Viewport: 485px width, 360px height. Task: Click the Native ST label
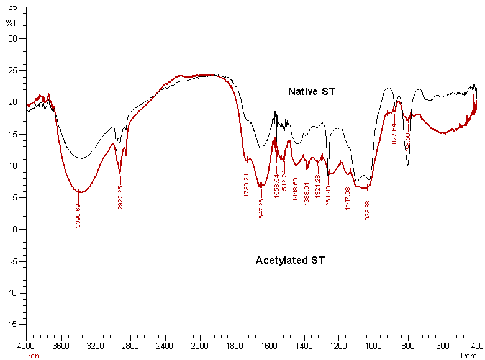(x=311, y=92)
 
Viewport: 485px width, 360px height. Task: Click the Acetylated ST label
(x=290, y=261)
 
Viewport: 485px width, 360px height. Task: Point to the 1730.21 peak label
(x=247, y=185)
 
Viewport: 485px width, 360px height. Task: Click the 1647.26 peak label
(x=261, y=209)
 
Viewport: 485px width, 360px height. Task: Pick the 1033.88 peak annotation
(x=368, y=211)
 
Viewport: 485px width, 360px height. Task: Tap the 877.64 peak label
(x=394, y=133)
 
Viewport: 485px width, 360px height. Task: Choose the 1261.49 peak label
(x=328, y=196)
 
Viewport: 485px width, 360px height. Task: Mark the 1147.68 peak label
(x=348, y=197)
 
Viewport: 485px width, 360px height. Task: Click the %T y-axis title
(x=11, y=23)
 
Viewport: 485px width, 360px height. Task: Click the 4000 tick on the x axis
(x=26, y=345)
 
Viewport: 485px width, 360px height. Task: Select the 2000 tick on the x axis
(x=199, y=345)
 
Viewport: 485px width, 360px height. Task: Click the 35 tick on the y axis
(x=14, y=7)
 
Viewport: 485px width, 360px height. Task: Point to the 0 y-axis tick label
(x=16, y=229)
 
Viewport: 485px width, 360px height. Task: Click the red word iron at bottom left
(x=32, y=356)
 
